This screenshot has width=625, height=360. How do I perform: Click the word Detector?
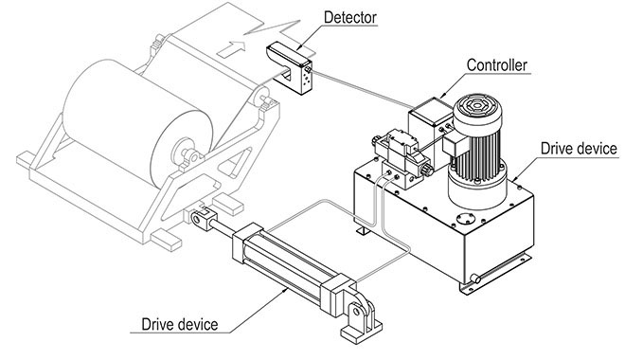point(349,16)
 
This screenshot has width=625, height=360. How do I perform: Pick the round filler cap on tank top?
point(463,221)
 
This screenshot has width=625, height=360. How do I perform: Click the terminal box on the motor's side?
point(454,151)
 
